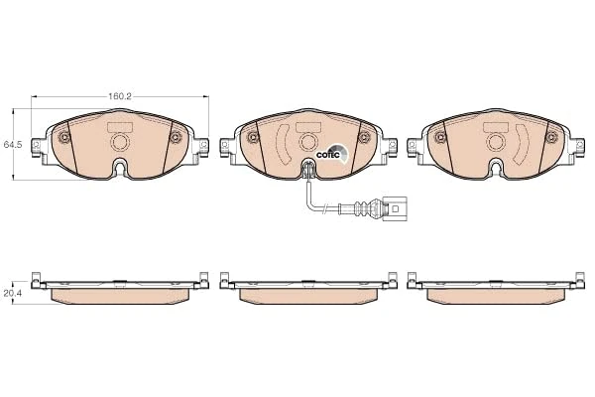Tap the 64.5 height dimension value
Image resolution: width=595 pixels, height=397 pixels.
coord(13,145)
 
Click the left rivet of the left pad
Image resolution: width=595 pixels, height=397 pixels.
coord(63,137)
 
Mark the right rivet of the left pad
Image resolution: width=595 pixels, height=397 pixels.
coord(177,137)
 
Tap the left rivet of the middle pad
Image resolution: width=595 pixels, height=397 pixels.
coord(250,137)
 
